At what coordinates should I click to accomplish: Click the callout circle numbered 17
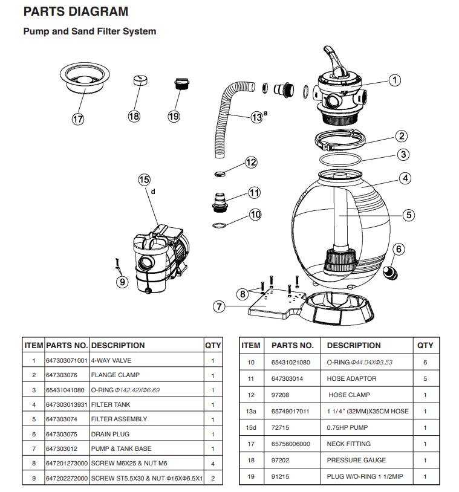tap(78, 119)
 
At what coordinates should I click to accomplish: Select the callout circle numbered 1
tap(394, 79)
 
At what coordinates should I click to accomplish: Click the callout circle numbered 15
tap(144, 179)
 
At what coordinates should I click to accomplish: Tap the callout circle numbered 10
tap(255, 214)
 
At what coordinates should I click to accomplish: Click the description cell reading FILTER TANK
tap(111, 404)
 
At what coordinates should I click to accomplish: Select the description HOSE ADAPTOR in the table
tap(351, 378)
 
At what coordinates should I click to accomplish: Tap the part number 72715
tap(281, 427)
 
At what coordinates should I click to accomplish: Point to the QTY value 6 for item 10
tap(425, 362)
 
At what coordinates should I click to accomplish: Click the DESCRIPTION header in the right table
tap(354, 345)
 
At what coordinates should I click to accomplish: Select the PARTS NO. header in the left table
tap(67, 345)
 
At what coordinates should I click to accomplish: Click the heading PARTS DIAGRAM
tap(76, 11)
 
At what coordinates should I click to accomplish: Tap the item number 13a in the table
tap(250, 411)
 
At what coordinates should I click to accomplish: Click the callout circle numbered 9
tap(122, 281)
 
